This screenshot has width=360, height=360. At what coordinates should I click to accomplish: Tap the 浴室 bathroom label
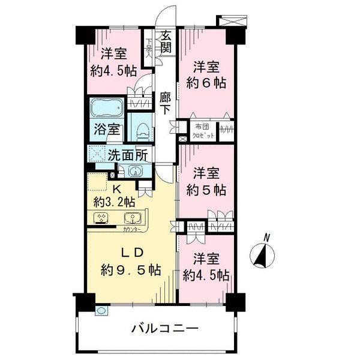pyautogui.click(x=109, y=129)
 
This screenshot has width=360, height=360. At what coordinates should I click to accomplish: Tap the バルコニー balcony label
pyautogui.click(x=164, y=329)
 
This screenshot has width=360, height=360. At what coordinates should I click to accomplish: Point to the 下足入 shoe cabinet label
pyautogui.click(x=148, y=49)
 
